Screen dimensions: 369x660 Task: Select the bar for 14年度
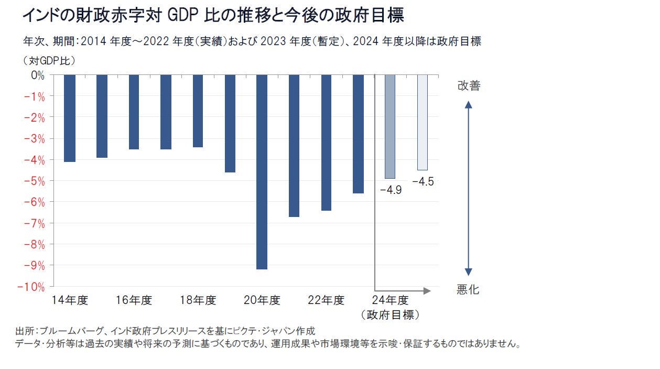(70, 118)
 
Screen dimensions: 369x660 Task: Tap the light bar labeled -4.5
(423, 123)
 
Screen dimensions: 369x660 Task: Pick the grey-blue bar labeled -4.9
(390, 127)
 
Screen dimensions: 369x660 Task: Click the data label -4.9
(391, 190)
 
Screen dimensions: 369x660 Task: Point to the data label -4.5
(423, 182)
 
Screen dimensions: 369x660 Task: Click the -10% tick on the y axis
(31, 287)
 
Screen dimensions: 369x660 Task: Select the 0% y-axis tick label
(38, 75)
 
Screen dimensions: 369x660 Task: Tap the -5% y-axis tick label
(34, 181)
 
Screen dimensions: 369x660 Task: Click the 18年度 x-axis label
(198, 300)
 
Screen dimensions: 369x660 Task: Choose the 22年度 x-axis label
(326, 300)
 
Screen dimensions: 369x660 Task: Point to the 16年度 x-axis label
(134, 300)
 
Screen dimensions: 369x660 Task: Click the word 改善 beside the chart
(469, 86)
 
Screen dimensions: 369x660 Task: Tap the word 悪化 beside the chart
(468, 290)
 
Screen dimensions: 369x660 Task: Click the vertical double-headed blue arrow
(469, 189)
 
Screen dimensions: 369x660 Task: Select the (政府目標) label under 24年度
(391, 315)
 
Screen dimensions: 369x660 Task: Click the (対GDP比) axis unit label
(49, 60)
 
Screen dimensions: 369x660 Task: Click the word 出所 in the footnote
(24, 331)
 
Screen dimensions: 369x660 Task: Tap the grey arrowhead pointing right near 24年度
(427, 290)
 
